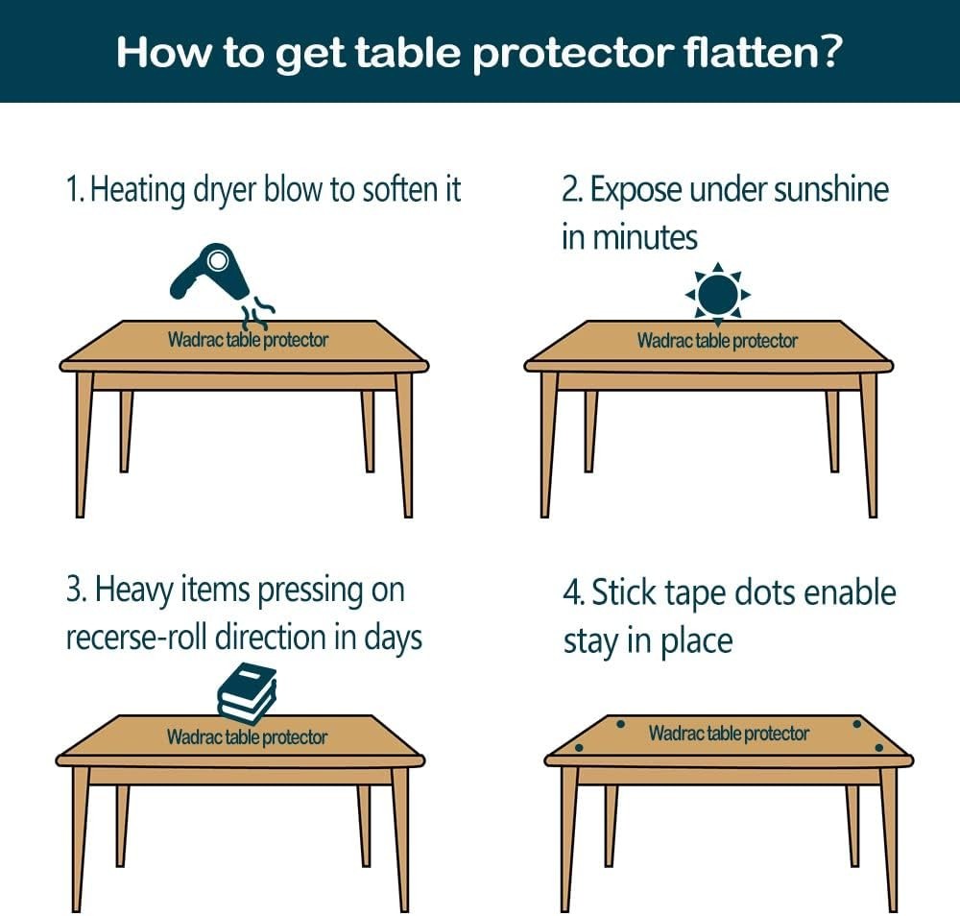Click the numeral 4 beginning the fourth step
(x=570, y=592)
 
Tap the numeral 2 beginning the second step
(x=569, y=189)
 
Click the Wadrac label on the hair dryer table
(x=196, y=340)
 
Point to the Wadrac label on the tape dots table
(x=677, y=734)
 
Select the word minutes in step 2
(x=644, y=236)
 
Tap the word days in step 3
(x=393, y=638)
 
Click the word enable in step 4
(x=850, y=592)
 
